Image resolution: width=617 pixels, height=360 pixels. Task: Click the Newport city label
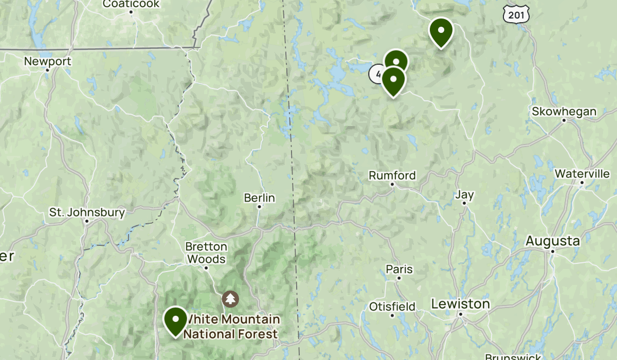pyautogui.click(x=47, y=62)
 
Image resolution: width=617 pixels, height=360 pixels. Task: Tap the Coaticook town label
pyautogui.click(x=131, y=4)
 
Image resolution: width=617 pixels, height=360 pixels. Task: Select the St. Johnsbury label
pyautogui.click(x=87, y=212)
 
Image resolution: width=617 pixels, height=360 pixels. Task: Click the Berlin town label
pyautogui.click(x=260, y=198)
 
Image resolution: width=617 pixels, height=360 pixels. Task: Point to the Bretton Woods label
pyautogui.click(x=206, y=253)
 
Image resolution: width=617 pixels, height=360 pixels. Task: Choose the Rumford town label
pyautogui.click(x=392, y=176)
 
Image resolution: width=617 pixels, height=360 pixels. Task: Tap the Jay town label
pyautogui.click(x=465, y=195)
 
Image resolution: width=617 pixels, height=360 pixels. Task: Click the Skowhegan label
pyautogui.click(x=564, y=112)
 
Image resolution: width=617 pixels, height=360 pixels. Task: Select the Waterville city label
pyautogui.click(x=582, y=174)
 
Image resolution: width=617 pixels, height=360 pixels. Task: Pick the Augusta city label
pyautogui.click(x=553, y=241)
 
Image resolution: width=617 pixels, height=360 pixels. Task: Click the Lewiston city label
pyautogui.click(x=461, y=304)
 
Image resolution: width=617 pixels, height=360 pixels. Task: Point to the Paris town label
pyautogui.click(x=400, y=269)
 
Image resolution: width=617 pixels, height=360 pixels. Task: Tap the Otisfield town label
pyautogui.click(x=392, y=307)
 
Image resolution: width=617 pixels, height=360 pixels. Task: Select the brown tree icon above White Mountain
pyautogui.click(x=230, y=299)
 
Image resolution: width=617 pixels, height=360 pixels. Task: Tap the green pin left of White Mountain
pyautogui.click(x=175, y=320)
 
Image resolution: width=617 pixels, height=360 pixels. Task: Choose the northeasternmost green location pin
pyautogui.click(x=441, y=31)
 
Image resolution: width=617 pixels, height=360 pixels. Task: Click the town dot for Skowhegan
pyautogui.click(x=564, y=120)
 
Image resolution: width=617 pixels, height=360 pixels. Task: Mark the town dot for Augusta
pyautogui.click(x=553, y=251)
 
